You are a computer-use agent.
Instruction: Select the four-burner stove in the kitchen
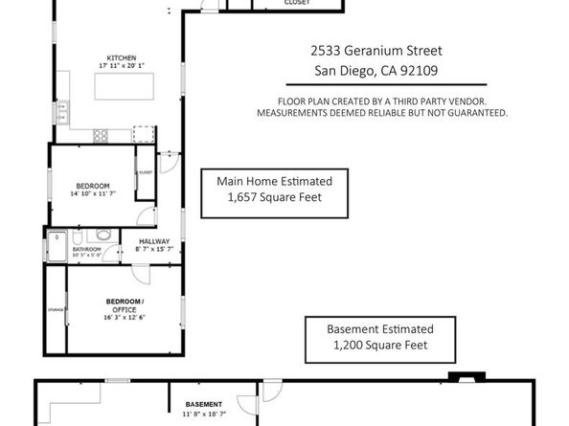pos(99,136)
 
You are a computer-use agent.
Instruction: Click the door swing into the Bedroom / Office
pos(143,272)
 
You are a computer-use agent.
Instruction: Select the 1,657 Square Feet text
pos(273,197)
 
